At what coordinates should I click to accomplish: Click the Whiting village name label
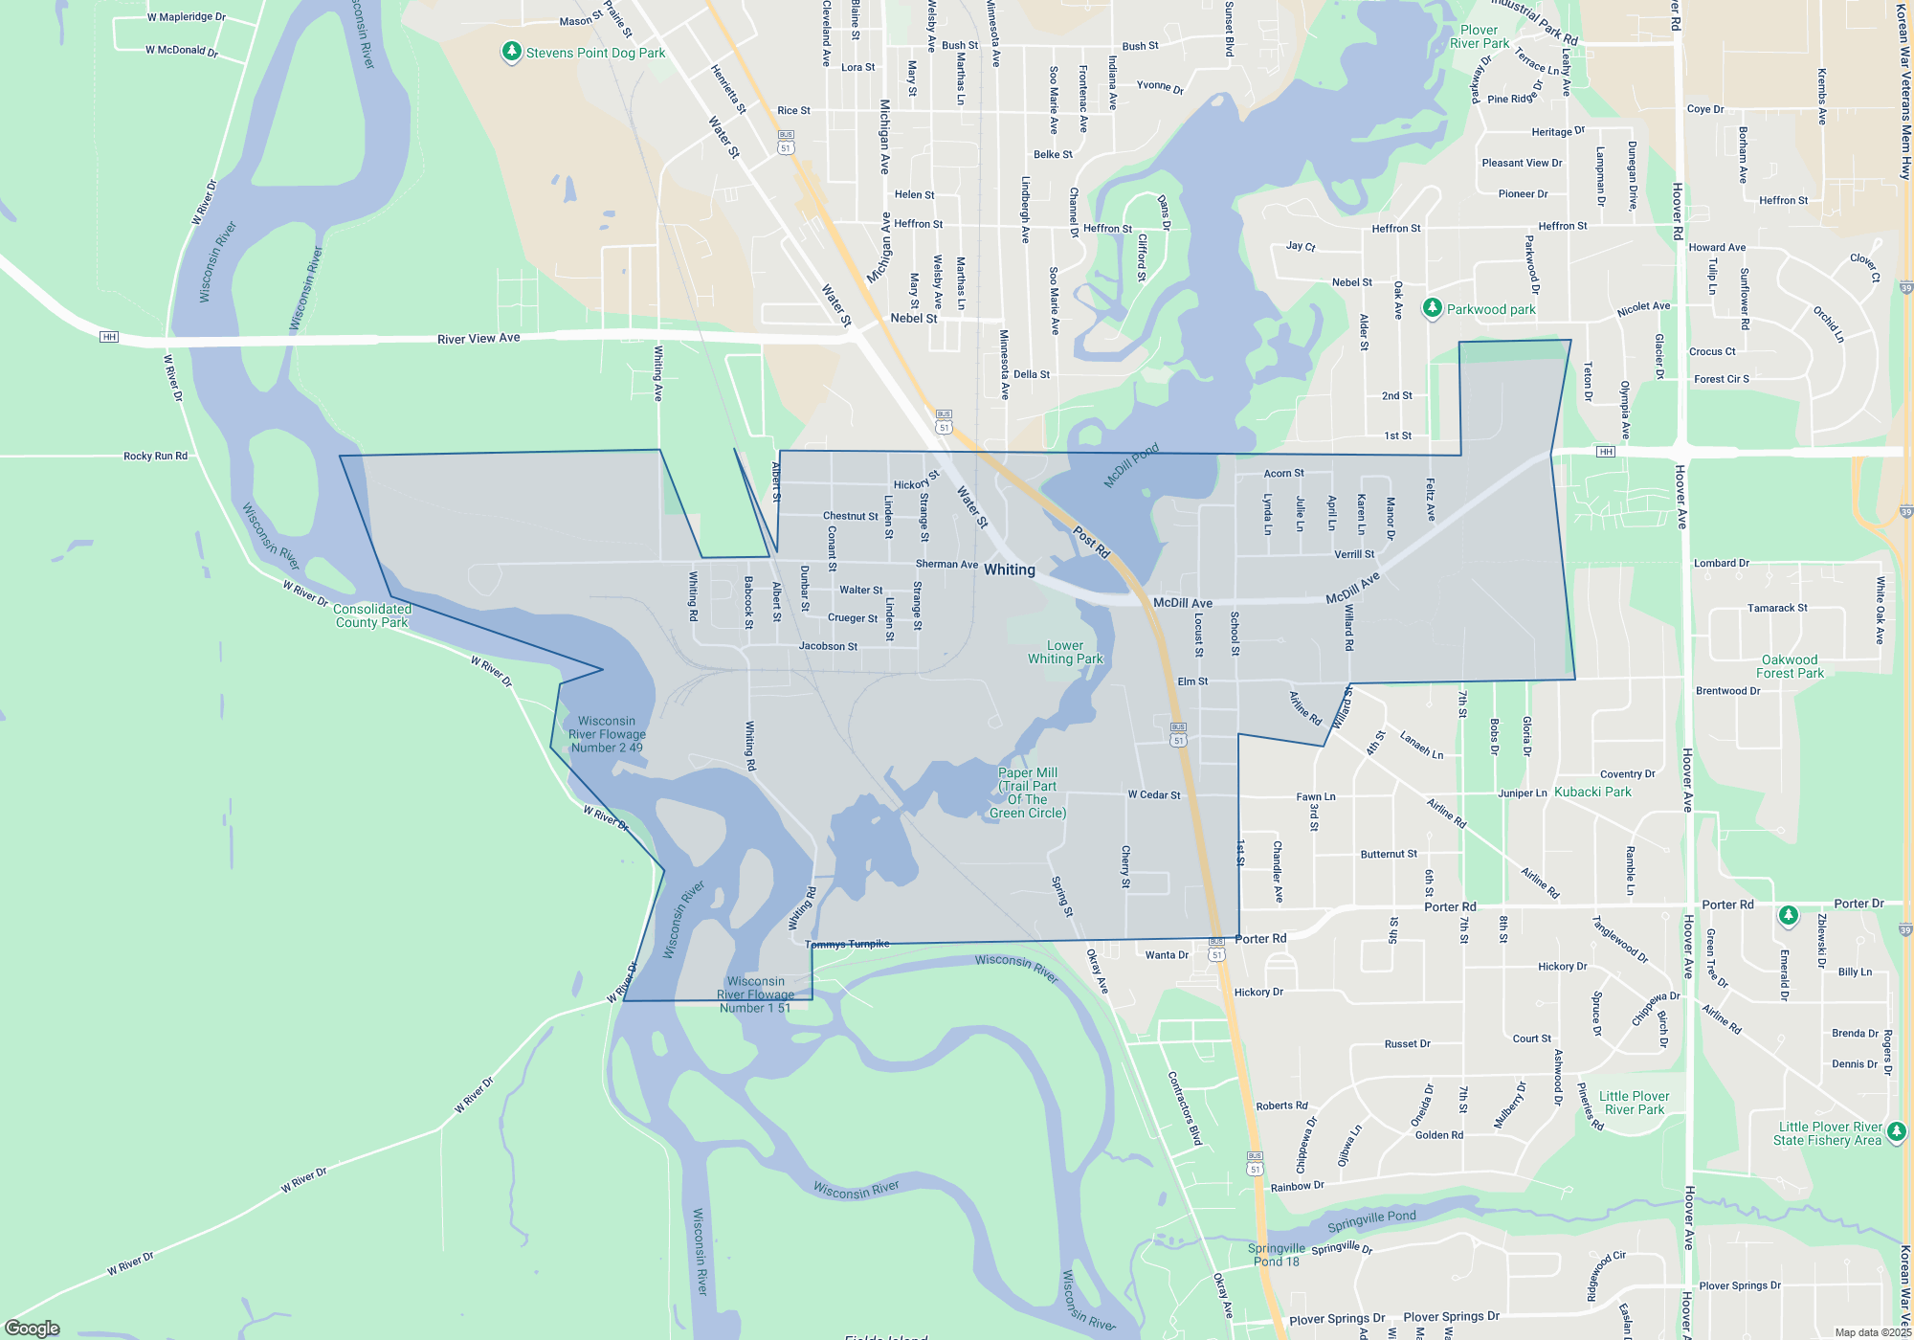point(1010,569)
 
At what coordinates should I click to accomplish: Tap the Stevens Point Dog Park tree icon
point(512,52)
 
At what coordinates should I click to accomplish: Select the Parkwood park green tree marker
point(1432,308)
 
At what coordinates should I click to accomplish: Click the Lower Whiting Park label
point(1065,652)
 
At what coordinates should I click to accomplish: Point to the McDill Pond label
point(1131,465)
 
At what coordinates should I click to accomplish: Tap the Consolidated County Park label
point(372,615)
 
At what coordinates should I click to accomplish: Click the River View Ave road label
point(478,339)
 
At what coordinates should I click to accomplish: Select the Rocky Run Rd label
point(155,457)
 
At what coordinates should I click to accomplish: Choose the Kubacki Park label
point(1592,792)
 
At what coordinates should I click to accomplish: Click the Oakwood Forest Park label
point(1790,666)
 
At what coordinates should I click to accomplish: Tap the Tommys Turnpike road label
point(847,945)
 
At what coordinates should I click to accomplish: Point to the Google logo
point(33,1328)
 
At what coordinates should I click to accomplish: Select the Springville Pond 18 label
point(1277,1255)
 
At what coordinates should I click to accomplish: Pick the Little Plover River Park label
point(1634,1103)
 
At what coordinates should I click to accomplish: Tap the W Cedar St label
point(1153,794)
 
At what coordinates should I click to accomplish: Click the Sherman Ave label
point(946,564)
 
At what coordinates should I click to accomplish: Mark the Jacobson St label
point(828,646)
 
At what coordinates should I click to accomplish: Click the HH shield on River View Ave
point(109,337)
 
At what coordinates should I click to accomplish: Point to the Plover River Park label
point(1479,36)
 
